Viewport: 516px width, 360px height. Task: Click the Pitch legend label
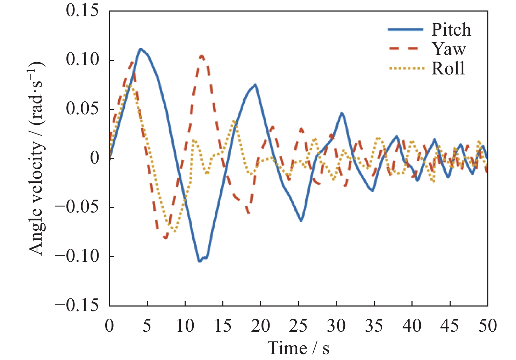(x=451, y=30)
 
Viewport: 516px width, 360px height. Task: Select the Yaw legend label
(x=449, y=49)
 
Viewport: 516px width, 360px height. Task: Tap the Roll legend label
(x=448, y=68)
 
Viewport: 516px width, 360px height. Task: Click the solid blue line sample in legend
(x=406, y=30)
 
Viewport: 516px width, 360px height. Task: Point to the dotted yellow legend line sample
(x=406, y=69)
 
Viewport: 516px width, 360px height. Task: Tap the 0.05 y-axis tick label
(x=82, y=109)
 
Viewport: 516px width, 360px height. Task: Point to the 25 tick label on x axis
(x=298, y=326)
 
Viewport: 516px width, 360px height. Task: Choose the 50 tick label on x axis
(x=487, y=326)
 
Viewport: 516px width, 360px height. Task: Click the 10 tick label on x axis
(x=185, y=326)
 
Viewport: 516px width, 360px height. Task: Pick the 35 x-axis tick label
(x=374, y=326)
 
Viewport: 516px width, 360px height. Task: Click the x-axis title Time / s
(x=298, y=348)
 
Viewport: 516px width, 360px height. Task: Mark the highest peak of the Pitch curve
(x=141, y=49)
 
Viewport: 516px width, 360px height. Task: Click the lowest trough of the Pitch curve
(x=200, y=261)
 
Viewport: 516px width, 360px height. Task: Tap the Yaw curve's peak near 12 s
(x=202, y=56)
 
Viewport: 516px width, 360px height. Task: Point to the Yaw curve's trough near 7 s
(x=165, y=238)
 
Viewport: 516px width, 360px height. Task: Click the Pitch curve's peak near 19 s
(x=256, y=85)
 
